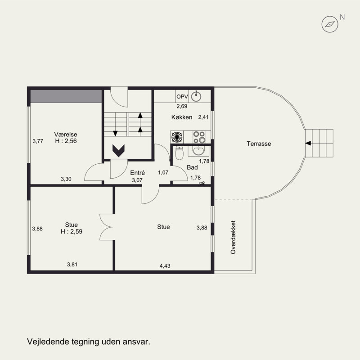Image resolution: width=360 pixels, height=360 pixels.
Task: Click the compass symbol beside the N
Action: pyautogui.click(x=330, y=24)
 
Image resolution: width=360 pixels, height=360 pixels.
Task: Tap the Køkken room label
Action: pyautogui.click(x=182, y=117)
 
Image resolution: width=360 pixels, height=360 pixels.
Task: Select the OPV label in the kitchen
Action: pyautogui.click(x=182, y=97)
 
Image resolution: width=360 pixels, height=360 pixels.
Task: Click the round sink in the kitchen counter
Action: pyautogui.click(x=196, y=96)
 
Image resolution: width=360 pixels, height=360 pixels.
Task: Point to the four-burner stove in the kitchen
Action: pyautogui.click(x=199, y=137)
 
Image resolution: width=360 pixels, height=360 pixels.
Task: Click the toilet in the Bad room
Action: pyautogui.click(x=179, y=153)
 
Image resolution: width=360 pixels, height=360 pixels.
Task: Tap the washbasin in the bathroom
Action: pyautogui.click(x=198, y=151)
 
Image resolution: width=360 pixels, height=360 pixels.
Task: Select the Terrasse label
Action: pyautogui.click(x=259, y=144)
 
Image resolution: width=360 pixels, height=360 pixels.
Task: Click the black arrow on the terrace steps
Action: pyautogui.click(x=308, y=143)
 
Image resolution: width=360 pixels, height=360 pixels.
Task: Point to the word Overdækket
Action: pyautogui.click(x=233, y=237)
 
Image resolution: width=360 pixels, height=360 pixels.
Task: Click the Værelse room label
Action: pyautogui.click(x=66, y=134)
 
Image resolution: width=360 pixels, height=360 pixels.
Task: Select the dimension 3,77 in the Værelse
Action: pyautogui.click(x=38, y=141)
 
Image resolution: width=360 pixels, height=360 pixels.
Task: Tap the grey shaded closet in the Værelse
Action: pyautogui.click(x=66, y=96)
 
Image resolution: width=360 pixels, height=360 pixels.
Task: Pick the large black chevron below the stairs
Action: pyautogui.click(x=118, y=151)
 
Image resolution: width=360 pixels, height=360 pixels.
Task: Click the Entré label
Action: pyautogui.click(x=138, y=173)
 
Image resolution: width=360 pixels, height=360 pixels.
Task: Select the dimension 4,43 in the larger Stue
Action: pyautogui.click(x=165, y=266)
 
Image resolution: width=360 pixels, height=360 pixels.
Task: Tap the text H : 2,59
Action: pyautogui.click(x=72, y=231)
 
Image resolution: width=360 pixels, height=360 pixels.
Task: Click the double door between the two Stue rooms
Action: pyautogui.click(x=106, y=227)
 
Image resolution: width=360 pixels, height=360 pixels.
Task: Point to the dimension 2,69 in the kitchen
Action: pyautogui.click(x=182, y=106)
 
